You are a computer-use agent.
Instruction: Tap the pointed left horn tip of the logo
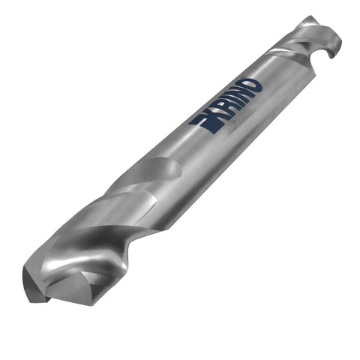click(190, 124)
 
